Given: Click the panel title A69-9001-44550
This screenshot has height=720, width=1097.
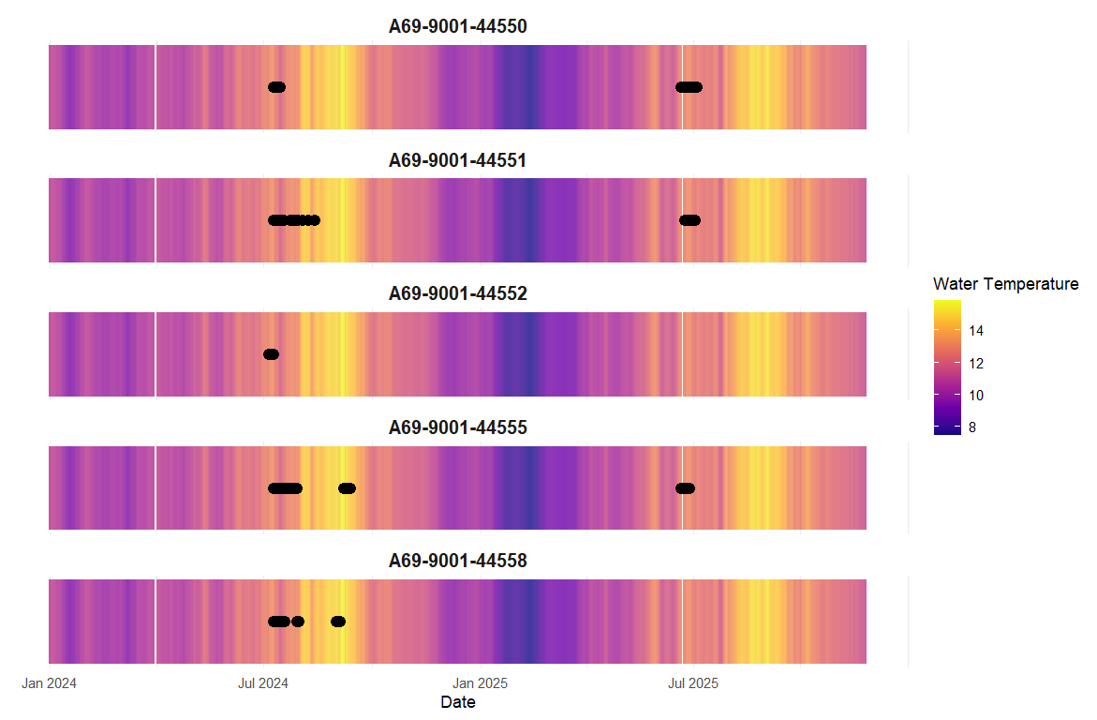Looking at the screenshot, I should [457, 27].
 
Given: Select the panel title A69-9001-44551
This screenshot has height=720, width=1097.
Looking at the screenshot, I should [457, 160].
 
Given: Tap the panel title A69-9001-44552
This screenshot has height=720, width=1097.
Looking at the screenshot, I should [457, 293].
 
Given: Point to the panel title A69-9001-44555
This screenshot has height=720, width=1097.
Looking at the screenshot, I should [457, 427].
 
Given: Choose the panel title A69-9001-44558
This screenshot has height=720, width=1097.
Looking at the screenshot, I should [457, 561].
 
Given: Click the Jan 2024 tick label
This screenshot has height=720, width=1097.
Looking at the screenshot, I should [49, 683].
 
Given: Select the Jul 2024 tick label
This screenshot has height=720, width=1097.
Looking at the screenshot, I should [263, 683].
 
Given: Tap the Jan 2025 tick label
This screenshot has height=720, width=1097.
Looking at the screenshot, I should [480, 683].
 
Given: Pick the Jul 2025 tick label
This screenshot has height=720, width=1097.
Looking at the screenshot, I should [692, 683].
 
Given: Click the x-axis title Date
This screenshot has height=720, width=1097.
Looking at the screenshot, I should [457, 702].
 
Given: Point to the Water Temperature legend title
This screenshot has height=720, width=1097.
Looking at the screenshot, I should [1005, 284].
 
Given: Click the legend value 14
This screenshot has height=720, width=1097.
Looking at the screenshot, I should [975, 331].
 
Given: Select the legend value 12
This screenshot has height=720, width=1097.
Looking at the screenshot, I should [975, 363].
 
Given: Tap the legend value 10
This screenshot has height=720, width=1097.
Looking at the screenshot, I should [975, 395].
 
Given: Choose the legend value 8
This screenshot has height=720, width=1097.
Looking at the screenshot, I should [971, 427].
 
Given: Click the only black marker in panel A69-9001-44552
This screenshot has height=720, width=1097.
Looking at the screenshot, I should [271, 354].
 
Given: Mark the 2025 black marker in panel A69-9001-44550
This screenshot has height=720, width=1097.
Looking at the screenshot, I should [689, 87].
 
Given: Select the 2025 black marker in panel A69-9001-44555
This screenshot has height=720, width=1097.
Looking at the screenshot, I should [685, 487].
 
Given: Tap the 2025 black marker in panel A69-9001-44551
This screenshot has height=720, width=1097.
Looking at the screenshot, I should [689, 220].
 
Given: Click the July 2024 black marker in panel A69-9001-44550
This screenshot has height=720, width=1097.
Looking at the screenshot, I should [276, 87].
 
